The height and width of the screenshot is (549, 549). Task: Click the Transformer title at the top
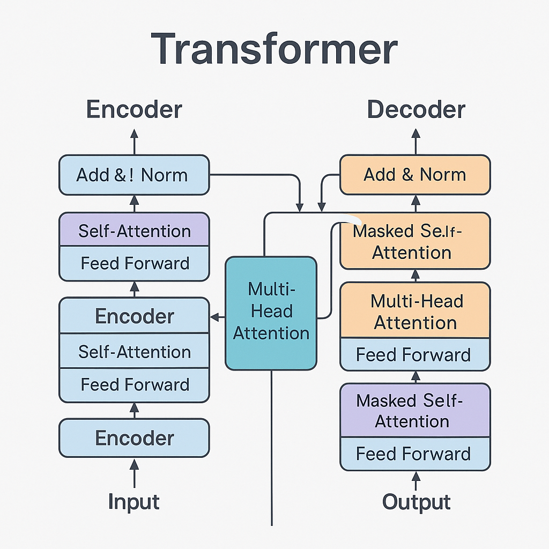(274, 50)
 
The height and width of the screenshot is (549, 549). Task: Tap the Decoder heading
(416, 110)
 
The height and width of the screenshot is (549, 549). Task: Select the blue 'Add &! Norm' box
(133, 175)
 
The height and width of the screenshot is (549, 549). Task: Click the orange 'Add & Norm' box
(415, 175)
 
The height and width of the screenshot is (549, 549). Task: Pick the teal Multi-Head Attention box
(271, 313)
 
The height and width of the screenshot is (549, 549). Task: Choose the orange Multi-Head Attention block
(415, 311)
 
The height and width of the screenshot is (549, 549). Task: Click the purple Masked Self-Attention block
(415, 410)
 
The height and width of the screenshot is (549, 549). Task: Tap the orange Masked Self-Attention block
(415, 241)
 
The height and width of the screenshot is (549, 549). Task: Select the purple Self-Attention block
(133, 231)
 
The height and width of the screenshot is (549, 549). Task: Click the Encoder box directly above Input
(133, 438)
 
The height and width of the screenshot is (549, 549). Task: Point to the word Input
(133, 502)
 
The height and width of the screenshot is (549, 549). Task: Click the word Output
(416, 502)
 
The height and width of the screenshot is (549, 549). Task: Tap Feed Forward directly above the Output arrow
(415, 454)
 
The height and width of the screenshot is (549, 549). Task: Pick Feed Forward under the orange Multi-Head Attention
(415, 355)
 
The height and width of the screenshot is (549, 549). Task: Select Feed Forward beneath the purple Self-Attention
(133, 263)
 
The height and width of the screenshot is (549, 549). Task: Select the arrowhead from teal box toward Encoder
(216, 317)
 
